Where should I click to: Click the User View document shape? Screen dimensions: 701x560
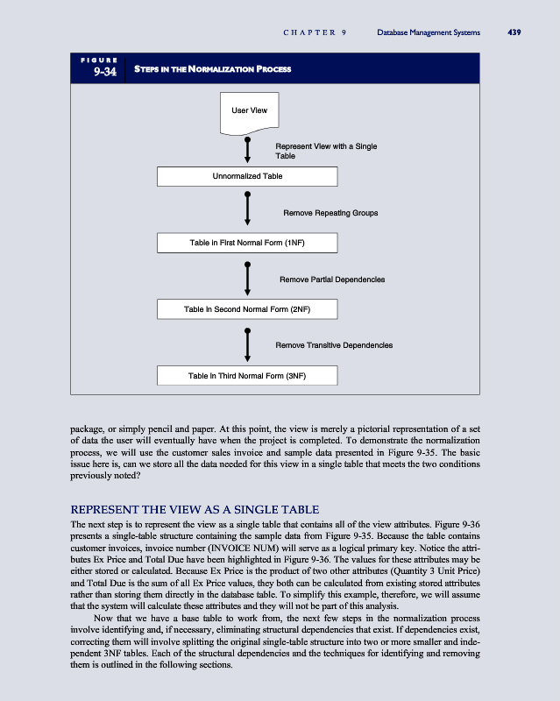(249, 112)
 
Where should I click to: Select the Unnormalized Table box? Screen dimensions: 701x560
(247, 176)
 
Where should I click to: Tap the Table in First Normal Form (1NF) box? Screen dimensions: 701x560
(247, 242)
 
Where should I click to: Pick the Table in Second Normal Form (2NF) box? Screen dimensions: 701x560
(247, 309)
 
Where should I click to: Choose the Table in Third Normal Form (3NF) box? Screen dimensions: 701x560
(247, 376)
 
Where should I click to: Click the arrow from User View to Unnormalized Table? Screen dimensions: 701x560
(248, 150)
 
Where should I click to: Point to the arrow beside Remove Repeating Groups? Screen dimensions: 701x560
(248, 210)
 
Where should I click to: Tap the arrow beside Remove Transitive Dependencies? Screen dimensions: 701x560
(248, 344)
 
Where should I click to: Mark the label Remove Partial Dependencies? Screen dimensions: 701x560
(332, 280)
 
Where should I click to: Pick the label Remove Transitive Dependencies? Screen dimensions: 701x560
(334, 345)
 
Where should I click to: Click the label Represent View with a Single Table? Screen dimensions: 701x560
(326, 151)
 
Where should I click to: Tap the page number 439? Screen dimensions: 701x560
(514, 33)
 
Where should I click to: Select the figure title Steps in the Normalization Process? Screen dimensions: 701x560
(213, 69)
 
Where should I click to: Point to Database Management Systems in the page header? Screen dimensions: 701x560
(429, 33)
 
